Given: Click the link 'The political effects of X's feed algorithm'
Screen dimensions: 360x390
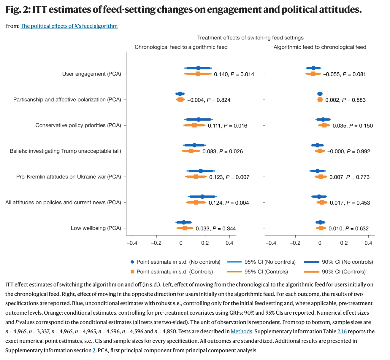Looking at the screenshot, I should coord(69,26).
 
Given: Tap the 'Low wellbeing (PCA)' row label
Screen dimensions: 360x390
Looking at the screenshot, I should coord(96,228).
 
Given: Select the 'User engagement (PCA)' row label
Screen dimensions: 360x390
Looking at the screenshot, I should coord(92,74).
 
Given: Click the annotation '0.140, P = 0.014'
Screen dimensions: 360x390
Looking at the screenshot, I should coord(234,74).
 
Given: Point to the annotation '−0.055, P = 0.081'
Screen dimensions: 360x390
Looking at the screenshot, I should coord(344,74).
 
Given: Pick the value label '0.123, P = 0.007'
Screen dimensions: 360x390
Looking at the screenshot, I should coord(229,177).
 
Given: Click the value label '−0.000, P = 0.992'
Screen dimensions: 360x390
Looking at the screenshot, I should coord(348,151).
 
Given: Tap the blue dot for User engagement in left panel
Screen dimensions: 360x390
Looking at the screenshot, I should coord(198,68).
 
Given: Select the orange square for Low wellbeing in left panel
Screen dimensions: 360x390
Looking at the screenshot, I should coord(185,228).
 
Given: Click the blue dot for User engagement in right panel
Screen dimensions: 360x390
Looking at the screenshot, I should coord(313,68).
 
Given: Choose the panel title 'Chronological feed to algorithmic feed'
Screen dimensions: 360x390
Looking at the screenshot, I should coord(181,47).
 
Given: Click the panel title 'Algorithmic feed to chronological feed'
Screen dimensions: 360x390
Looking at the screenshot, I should coord(320,47).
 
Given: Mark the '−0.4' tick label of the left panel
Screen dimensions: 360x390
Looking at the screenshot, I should coord(131,243).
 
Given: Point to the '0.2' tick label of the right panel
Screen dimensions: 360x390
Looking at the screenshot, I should coord(344,243).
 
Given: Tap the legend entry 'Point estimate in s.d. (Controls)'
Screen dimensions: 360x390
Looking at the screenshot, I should coord(175,272).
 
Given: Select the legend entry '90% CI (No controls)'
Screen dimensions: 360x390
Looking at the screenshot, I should coord(347,262).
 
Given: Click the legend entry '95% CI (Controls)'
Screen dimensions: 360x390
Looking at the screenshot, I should coord(266,272).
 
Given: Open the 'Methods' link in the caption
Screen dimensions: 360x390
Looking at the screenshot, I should coord(241,331).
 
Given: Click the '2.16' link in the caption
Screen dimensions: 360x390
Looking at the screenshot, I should coord(342,331).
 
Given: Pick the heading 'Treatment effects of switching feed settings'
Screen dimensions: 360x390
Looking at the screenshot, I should coord(250,38).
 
